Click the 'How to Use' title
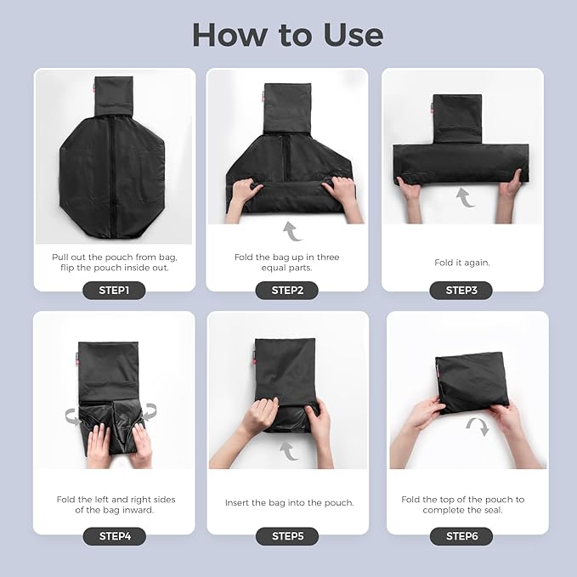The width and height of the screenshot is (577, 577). (288, 35)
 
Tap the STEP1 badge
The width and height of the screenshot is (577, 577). (114, 291)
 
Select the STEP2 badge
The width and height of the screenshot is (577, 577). (287, 291)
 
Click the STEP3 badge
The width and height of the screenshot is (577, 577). (461, 291)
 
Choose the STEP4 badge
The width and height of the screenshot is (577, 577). (115, 536)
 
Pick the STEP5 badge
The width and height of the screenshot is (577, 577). (287, 536)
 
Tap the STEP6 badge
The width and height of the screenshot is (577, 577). (461, 536)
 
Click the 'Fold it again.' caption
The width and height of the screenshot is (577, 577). (461, 263)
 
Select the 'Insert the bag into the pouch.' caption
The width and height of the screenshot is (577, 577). (289, 503)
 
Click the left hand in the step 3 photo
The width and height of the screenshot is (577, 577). (410, 195)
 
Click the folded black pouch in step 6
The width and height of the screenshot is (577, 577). (472, 382)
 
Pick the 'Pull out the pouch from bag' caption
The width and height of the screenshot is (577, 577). (115, 257)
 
